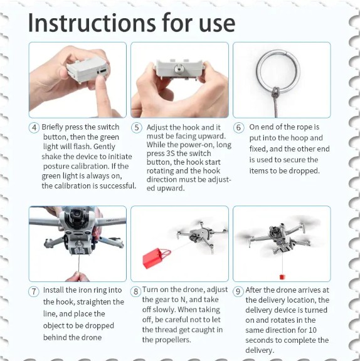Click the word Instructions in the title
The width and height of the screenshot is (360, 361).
92,23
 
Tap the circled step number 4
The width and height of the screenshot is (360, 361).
34,128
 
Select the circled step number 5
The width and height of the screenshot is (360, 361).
136,128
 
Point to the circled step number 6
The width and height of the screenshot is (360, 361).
238,128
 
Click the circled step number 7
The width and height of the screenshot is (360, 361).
34,291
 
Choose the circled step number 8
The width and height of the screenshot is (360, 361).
135,291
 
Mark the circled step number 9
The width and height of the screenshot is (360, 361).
238,291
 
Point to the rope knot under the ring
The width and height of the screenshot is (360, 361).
276,92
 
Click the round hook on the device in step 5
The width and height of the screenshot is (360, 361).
178,68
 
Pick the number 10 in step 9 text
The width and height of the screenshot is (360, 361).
312,330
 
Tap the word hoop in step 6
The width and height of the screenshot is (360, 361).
296,138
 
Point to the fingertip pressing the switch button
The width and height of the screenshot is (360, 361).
100,80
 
